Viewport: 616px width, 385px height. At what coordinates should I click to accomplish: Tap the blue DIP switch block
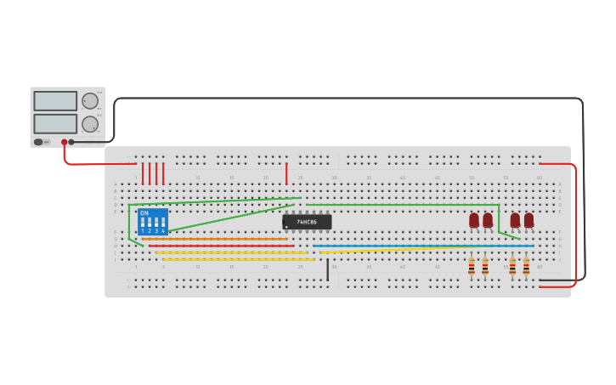[153, 221]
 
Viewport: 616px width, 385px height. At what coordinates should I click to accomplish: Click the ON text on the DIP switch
[144, 212]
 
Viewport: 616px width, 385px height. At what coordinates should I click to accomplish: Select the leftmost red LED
[474, 220]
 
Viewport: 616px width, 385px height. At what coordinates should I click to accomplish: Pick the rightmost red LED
[528, 220]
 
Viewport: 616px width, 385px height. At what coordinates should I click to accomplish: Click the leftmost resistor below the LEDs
[472, 267]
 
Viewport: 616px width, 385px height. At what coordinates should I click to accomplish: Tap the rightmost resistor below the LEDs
[526, 267]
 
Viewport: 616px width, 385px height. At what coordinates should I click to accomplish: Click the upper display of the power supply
[55, 101]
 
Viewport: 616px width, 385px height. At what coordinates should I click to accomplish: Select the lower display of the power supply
[55, 123]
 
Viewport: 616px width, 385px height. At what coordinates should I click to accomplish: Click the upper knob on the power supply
[89, 101]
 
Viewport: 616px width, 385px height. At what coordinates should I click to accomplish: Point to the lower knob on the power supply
[89, 124]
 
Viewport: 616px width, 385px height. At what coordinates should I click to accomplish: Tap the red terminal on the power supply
[64, 143]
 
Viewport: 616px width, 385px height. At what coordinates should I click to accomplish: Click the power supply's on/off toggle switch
[38, 142]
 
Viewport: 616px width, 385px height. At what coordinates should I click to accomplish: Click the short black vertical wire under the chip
[327, 269]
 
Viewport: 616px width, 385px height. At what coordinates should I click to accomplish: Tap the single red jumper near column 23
[286, 173]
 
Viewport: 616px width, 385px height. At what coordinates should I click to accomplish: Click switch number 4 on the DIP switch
[163, 224]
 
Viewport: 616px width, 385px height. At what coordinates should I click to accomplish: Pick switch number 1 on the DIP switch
[143, 224]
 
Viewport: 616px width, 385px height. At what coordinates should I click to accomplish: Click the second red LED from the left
[488, 220]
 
